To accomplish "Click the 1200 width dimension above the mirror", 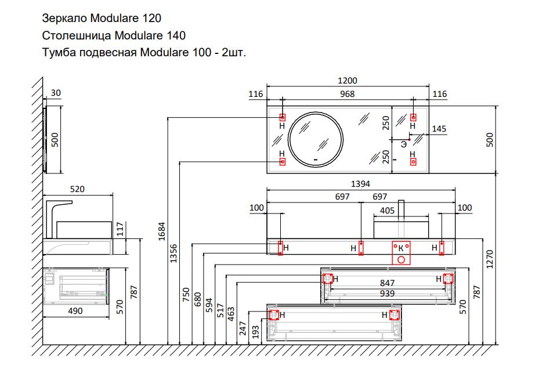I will [348, 81].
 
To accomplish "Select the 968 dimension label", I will [346, 94].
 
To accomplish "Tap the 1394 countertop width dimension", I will [360, 184].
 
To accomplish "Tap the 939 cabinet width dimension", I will [387, 294].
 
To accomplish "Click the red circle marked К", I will [400, 258].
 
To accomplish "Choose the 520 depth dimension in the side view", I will [78, 189].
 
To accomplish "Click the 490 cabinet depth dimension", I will [75, 311].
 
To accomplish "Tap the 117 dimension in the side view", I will [121, 229].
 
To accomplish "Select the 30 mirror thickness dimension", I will [56, 93].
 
